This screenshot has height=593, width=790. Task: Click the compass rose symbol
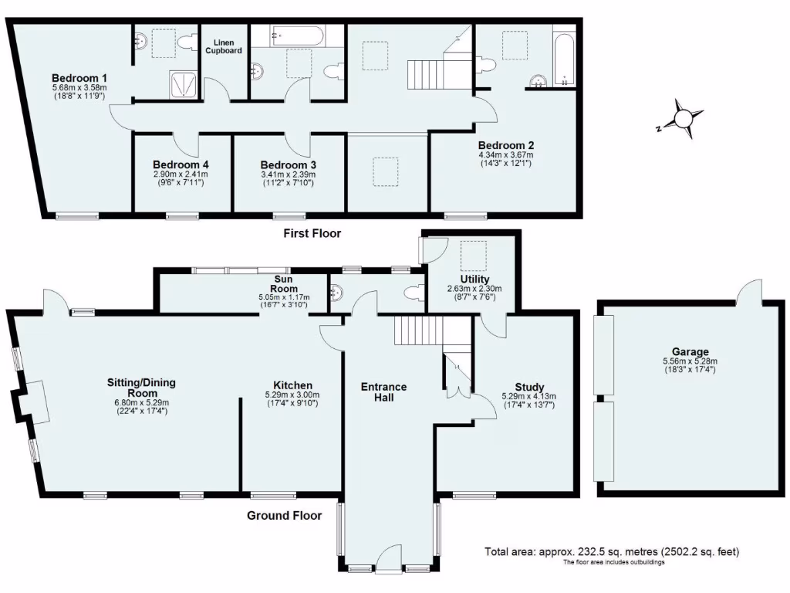683,119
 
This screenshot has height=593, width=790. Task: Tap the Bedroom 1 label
79,78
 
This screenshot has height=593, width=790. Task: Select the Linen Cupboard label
223,46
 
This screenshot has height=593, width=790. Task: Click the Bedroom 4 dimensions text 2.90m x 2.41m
180,175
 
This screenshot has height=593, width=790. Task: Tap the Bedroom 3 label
288,164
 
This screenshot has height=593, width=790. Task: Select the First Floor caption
312,232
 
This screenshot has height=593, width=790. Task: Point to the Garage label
690,351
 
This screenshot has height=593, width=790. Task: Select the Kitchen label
292,385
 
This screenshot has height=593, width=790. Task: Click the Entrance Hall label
383,391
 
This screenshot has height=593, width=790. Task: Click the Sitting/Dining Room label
138,387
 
